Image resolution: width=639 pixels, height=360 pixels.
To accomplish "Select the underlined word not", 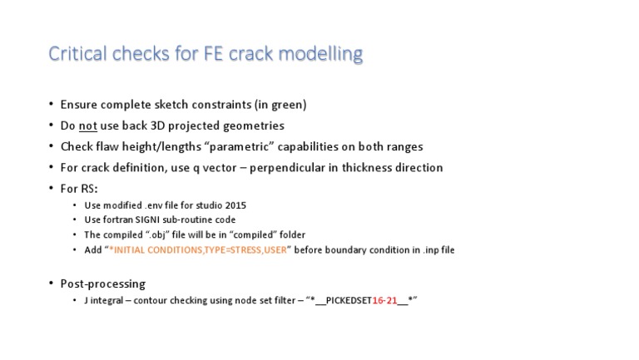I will (x=89, y=126).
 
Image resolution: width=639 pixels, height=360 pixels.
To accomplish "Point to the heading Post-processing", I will (x=102, y=284).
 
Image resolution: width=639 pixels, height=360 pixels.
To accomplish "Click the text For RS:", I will (x=79, y=188).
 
